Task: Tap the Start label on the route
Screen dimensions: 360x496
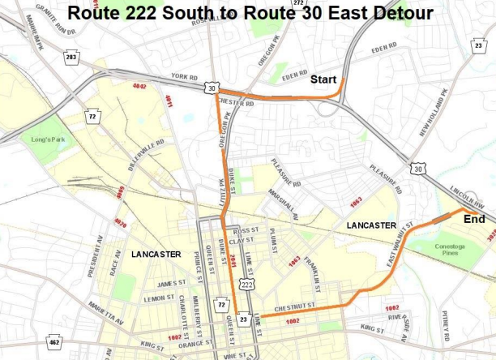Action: pyautogui.click(x=323, y=79)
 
